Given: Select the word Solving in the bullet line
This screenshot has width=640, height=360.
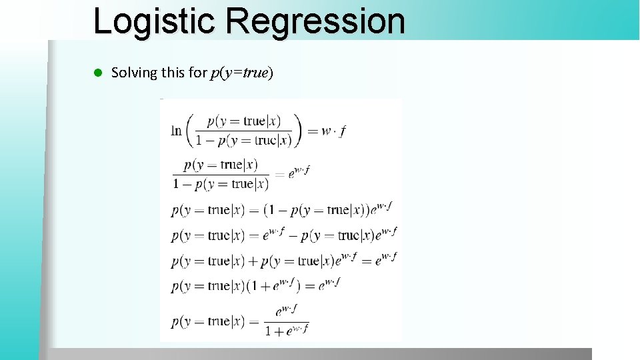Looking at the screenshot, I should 133,73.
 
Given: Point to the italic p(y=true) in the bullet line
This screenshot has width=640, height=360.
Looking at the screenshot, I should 241,73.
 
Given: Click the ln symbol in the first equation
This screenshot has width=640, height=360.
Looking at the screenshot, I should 176,131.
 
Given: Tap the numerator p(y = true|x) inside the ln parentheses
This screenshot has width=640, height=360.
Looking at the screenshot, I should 243,121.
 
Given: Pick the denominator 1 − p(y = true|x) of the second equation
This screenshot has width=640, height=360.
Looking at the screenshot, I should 221,184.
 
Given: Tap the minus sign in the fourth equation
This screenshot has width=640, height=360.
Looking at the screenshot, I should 293,235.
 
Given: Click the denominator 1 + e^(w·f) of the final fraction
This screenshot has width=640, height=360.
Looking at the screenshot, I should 287,330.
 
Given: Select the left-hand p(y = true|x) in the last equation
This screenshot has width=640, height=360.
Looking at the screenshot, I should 209,321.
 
